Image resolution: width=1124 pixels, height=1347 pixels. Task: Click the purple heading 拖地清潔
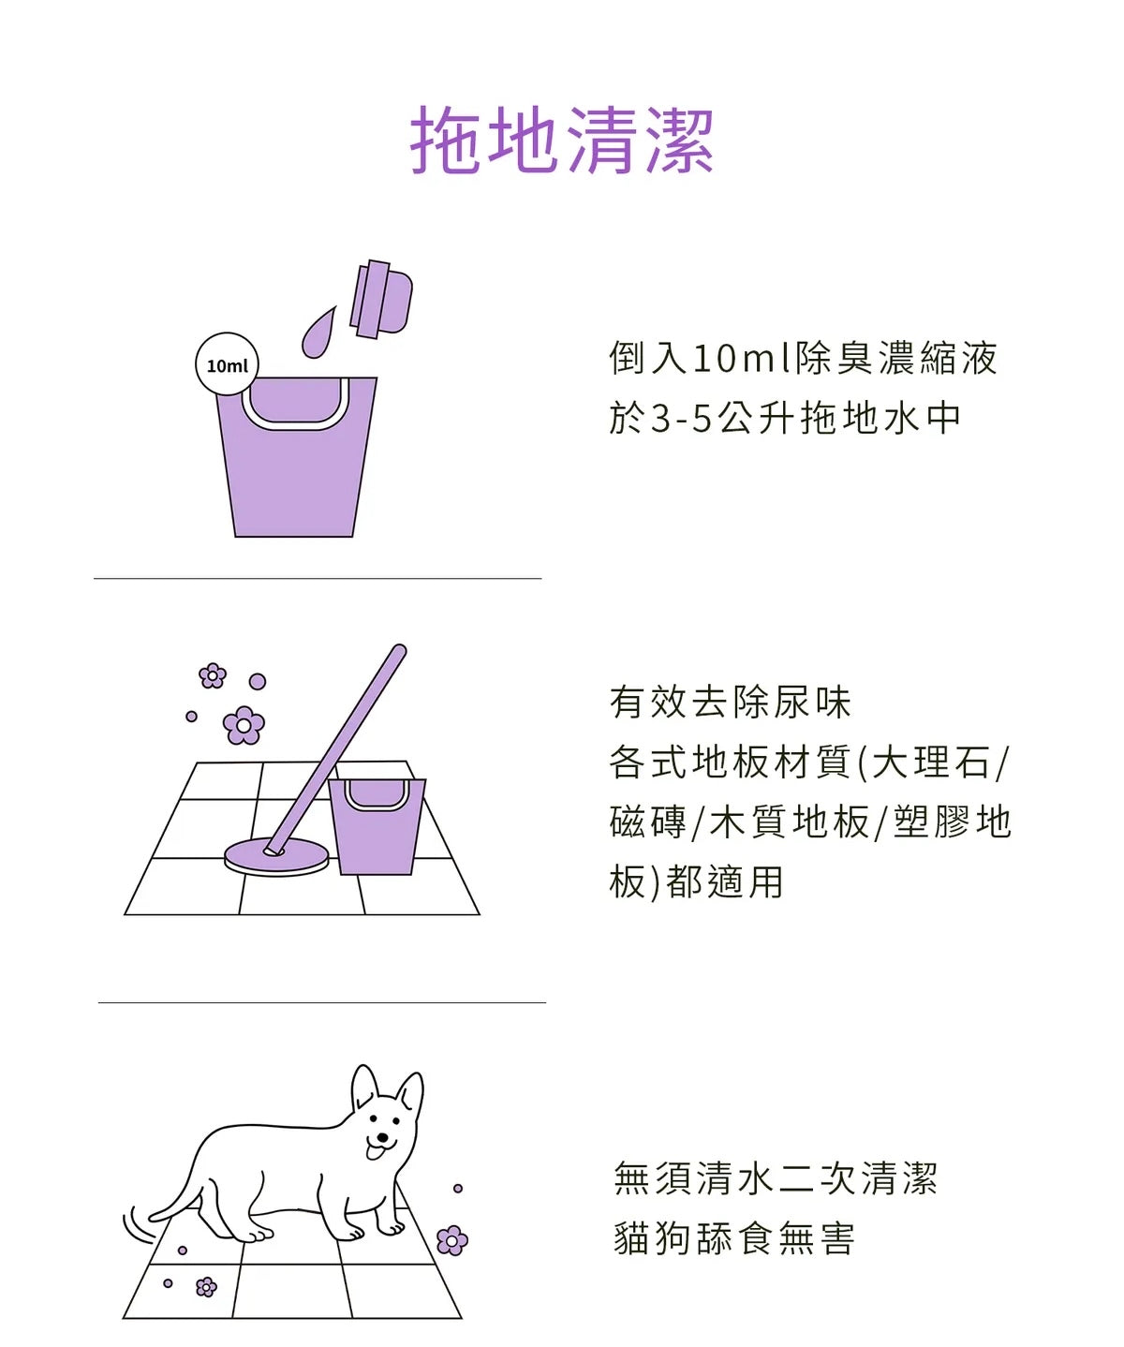(561, 141)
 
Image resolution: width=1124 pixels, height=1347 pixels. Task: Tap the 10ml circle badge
(227, 364)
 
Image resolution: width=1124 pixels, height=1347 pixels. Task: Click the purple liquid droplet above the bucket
(318, 332)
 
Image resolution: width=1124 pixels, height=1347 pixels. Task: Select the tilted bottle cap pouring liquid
(381, 300)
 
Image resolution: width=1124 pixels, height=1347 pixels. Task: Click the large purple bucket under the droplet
(295, 457)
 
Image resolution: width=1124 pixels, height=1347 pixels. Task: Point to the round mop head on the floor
(276, 857)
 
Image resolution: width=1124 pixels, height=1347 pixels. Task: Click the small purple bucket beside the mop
(377, 826)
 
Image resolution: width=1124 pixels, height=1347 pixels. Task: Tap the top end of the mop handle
(399, 650)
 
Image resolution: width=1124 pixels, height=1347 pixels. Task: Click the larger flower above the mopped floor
(244, 726)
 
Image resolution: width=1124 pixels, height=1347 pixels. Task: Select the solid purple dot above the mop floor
(258, 681)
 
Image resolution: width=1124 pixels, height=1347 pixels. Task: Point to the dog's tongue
(375, 1151)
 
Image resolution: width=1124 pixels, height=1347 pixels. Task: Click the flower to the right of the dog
(452, 1240)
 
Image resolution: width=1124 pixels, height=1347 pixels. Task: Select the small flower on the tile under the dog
(206, 1287)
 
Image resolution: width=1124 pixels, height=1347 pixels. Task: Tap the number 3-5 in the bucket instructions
(682, 418)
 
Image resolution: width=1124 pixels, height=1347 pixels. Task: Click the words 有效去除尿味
(731, 703)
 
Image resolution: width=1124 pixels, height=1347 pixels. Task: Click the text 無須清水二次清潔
(776, 1178)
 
